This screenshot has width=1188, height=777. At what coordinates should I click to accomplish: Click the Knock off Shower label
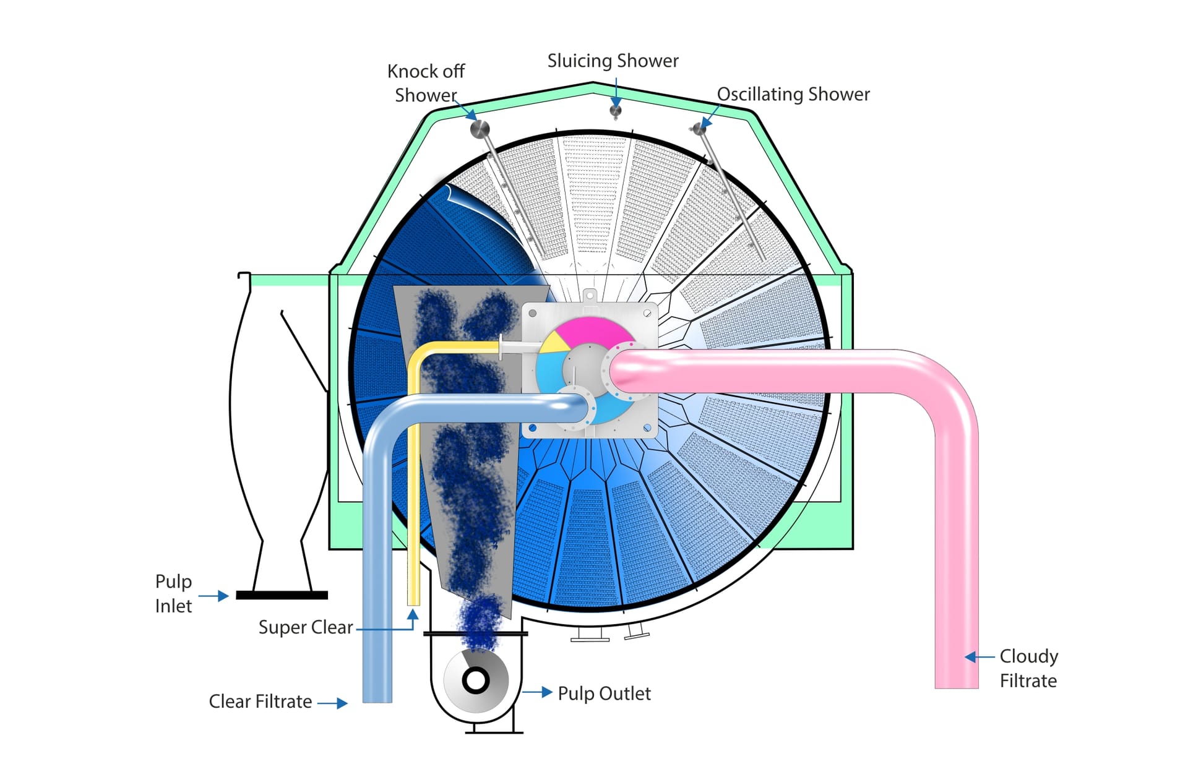[426, 83]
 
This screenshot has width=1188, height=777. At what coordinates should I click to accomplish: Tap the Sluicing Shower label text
[613, 61]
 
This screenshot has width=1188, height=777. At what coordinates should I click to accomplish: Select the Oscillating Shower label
[793, 94]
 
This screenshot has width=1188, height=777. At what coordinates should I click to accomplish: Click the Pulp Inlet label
[173, 593]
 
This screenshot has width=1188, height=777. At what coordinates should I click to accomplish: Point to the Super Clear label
[305, 627]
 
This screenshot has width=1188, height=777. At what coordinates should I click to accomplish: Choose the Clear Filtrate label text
[260, 701]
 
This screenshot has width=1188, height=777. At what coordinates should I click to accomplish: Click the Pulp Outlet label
[604, 693]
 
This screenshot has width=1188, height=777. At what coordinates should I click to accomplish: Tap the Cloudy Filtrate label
[1028, 668]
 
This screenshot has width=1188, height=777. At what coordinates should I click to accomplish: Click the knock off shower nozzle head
[480, 129]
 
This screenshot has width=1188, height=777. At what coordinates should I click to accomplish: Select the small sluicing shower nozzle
[615, 111]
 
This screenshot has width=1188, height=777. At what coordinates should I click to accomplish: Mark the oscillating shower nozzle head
[699, 129]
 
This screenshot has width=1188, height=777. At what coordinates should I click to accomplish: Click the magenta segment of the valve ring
[591, 332]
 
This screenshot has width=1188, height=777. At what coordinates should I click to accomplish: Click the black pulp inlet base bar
[282, 595]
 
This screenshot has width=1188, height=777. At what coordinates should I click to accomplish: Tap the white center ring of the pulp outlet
[476, 680]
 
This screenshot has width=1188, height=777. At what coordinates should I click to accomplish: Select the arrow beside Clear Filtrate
[333, 703]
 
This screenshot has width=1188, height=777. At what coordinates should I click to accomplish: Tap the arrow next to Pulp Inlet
[214, 596]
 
